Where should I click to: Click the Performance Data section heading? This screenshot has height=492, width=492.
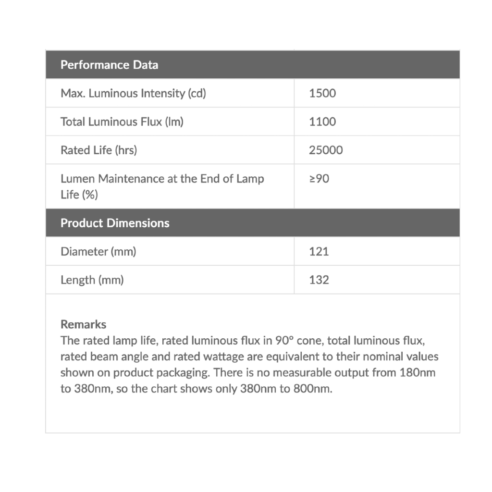109,65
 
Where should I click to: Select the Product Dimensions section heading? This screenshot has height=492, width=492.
115,223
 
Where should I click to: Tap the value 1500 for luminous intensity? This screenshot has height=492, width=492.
322,93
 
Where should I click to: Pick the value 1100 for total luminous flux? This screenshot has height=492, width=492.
322,122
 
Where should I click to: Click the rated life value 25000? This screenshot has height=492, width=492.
326,150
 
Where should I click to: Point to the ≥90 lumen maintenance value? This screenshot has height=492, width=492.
319,179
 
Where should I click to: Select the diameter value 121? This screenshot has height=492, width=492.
319,251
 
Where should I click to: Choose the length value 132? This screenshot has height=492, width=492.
319,280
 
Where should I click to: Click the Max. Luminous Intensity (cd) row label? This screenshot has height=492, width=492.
133,93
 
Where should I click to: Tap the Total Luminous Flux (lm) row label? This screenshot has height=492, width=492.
122,122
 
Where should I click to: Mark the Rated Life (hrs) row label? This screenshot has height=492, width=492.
98,150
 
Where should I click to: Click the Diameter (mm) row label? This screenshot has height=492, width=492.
98,251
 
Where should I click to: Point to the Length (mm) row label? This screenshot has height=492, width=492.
92,280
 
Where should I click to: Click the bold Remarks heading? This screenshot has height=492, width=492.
83,324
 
